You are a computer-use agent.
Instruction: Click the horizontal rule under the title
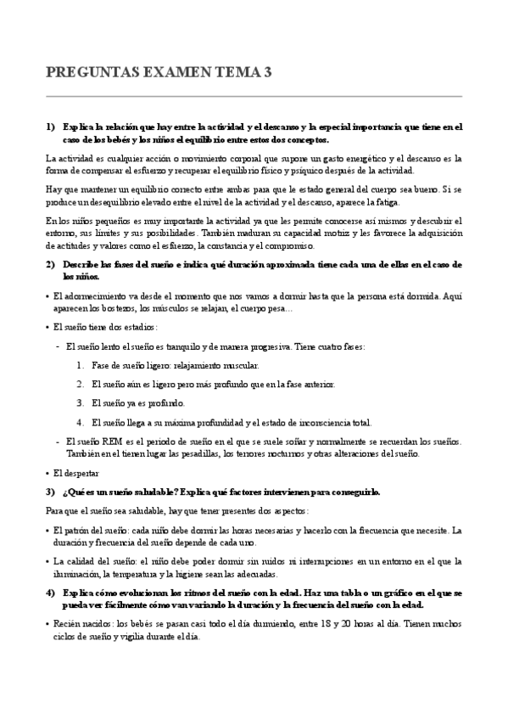pyautogui.click(x=254, y=95)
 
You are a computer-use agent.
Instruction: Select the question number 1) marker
pyautogui.click(x=50, y=127)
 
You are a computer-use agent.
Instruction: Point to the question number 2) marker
pyautogui.click(x=50, y=265)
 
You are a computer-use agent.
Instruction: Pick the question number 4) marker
pyautogui.click(x=50, y=593)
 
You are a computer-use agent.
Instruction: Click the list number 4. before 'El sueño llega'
pyautogui.click(x=81, y=422)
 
